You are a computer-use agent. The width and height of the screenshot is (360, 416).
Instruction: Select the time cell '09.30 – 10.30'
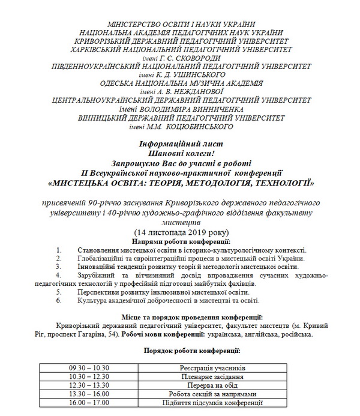pos(89,366)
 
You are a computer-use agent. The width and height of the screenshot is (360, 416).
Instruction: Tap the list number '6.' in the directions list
pos(58,300)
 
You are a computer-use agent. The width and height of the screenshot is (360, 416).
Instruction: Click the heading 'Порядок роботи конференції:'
pos(184,348)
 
